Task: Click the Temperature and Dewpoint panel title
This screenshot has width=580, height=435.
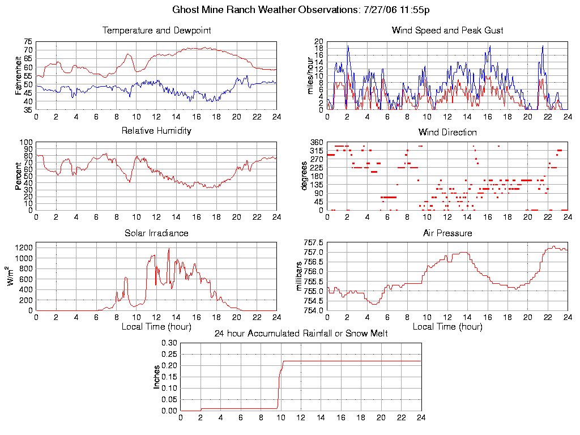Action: pos(156,30)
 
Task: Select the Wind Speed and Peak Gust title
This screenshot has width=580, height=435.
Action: pos(447,30)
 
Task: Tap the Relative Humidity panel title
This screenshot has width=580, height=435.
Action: pos(156,131)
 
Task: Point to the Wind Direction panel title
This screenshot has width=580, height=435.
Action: pos(447,132)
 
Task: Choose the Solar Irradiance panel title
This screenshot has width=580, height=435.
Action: pos(156,233)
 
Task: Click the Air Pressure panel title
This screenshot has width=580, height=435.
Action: pos(447,233)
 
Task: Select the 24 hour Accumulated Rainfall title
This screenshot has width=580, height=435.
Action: pos(301,334)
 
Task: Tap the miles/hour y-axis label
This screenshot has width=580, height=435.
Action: pos(310,75)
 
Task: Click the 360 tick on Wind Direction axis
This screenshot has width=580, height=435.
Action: pos(317,142)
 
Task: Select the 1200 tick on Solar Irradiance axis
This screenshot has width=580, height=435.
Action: pos(24,248)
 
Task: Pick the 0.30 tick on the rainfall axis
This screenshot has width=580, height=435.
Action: pos(169,343)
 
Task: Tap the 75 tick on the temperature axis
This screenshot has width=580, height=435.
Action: pos(28,42)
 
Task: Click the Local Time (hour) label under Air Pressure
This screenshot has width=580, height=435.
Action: pos(447,327)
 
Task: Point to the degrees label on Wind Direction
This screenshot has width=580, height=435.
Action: pos(304,176)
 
